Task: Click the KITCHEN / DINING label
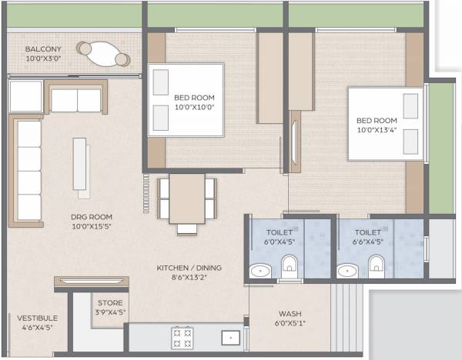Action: [x=189, y=268]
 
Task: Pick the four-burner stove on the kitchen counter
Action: [x=182, y=337]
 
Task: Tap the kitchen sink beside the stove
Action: [x=229, y=337]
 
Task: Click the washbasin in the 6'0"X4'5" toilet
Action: [x=260, y=270]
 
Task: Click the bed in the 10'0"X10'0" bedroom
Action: [x=186, y=103]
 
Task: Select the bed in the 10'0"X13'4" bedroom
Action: [x=384, y=127]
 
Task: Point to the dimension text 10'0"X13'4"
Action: [x=376, y=131]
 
